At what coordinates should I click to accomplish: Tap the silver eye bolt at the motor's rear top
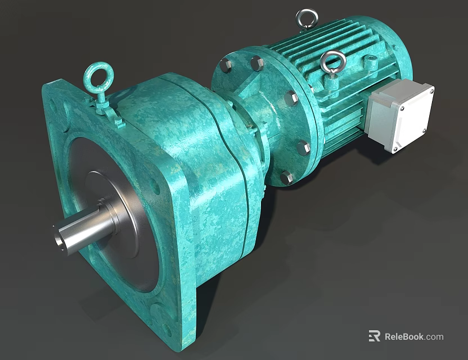[x=307, y=18]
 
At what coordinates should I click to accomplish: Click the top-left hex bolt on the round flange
[x=226, y=65]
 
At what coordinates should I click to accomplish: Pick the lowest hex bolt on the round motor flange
[x=286, y=178]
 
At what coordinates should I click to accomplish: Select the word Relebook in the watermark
[x=404, y=337]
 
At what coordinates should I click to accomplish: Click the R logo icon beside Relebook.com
[x=374, y=336]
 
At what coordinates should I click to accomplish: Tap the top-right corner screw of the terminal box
[x=430, y=89]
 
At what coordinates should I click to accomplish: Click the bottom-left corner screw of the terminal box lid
[x=394, y=149]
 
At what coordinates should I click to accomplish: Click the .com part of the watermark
[x=434, y=337]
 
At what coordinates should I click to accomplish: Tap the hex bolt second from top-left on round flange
[x=257, y=63]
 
